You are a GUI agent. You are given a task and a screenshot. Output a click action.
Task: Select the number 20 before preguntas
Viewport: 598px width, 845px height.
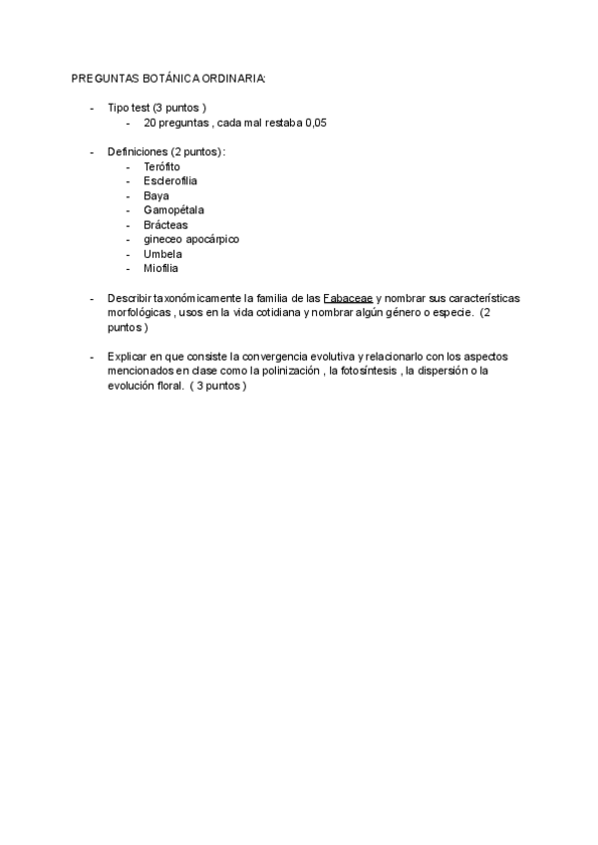click(150, 123)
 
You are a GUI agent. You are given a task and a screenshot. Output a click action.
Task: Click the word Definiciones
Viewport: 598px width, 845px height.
click(139, 151)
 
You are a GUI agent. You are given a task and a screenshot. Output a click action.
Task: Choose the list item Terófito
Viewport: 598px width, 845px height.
click(162, 166)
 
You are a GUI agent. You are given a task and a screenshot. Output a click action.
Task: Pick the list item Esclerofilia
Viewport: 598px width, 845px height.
click(170, 181)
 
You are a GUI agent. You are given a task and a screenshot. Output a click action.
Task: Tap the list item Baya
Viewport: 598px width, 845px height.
click(156, 195)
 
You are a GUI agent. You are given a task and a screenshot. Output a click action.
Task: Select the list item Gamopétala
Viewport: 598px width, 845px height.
click(174, 210)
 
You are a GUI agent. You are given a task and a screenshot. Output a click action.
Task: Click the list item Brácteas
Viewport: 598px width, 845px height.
click(165, 224)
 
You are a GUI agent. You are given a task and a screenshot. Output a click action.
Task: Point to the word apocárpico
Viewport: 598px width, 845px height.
click(212, 239)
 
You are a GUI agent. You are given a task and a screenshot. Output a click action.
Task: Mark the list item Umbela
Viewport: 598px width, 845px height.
click(162, 254)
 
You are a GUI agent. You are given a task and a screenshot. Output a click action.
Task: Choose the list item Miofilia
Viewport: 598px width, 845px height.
click(161, 268)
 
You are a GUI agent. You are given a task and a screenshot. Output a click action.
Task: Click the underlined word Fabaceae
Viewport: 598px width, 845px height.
click(348, 298)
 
